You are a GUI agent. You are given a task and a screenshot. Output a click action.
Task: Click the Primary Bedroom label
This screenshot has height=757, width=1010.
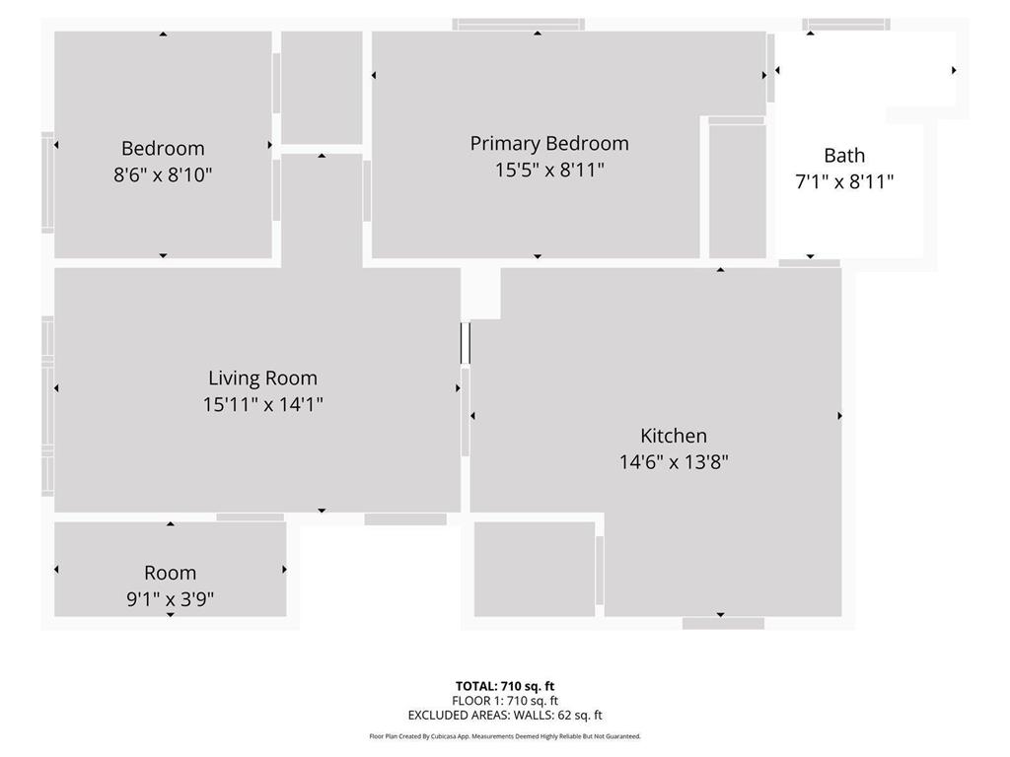coord(548,144)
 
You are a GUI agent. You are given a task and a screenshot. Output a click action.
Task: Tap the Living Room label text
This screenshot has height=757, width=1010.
coord(262,378)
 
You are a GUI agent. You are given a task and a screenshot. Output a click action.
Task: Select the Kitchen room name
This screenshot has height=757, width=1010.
coord(674,436)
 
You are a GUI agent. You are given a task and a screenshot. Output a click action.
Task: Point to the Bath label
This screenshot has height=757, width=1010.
coord(844,156)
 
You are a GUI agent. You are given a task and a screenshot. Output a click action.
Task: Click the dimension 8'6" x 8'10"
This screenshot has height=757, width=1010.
coord(163,175)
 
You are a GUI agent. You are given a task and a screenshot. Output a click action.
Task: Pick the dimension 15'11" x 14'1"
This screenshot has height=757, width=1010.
coord(262,404)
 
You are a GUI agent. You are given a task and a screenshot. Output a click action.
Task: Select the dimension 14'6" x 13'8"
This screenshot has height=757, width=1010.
coord(674,461)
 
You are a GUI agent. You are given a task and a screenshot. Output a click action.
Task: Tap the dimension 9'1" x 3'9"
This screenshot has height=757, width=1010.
coord(170,598)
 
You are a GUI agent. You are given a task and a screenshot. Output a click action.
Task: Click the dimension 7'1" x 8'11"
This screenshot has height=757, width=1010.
coord(844,181)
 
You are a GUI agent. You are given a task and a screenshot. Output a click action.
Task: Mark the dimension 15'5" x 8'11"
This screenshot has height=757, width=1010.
coord(548,170)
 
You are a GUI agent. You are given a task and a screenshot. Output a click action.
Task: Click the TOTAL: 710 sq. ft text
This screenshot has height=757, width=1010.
coord(504,686)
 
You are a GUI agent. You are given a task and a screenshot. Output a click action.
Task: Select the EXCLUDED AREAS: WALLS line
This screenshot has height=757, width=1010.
coord(504,716)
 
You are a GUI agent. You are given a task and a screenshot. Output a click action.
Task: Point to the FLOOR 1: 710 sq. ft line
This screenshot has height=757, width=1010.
coord(504,701)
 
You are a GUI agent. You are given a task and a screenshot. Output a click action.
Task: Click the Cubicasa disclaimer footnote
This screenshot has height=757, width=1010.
coord(504,736)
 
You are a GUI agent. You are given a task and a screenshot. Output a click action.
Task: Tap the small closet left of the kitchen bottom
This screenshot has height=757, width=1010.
coord(534,570)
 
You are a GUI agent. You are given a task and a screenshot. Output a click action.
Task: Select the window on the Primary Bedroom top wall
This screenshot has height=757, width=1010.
coord(518,25)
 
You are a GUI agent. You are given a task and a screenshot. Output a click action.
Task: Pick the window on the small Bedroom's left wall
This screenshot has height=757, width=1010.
coord(47,183)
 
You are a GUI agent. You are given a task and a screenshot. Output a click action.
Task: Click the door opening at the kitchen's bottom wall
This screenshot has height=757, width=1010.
coord(723,623)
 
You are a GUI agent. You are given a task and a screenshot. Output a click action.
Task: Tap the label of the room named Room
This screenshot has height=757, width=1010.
coord(170,573)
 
